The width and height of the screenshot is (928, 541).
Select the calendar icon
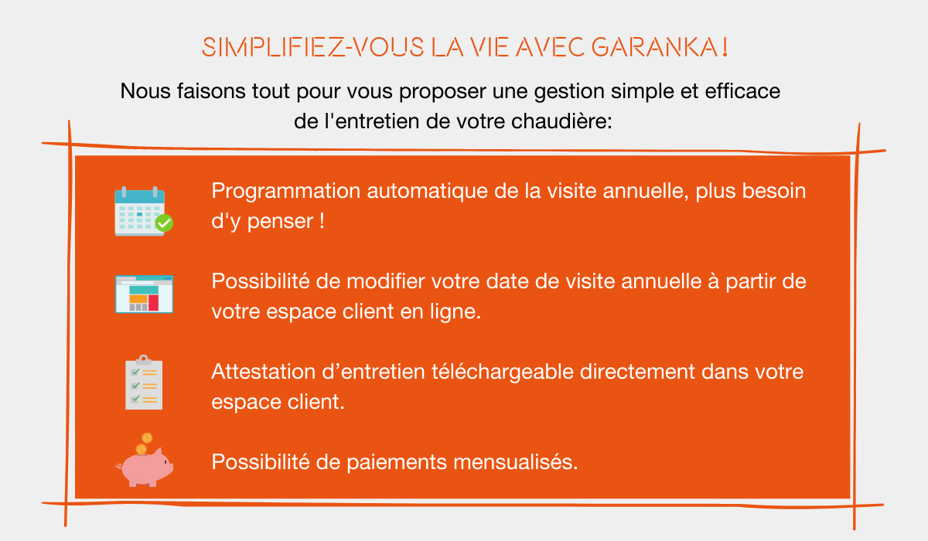(144, 211)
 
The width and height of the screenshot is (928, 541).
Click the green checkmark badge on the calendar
(165, 223)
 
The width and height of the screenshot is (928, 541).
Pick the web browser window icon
(144, 294)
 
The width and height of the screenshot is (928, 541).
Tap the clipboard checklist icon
(144, 382)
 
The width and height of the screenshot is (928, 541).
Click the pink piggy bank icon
(145, 467)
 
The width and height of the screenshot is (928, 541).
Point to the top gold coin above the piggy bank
(147, 438)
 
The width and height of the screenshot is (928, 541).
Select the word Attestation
(264, 371)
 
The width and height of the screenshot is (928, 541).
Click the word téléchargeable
(502, 372)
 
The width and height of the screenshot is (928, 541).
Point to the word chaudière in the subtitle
(561, 121)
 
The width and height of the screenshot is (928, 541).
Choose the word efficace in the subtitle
(742, 91)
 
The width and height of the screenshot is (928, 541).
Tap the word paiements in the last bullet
(397, 463)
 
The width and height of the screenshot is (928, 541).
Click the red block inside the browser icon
(153, 303)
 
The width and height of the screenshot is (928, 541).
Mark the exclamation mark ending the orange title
(725, 47)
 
